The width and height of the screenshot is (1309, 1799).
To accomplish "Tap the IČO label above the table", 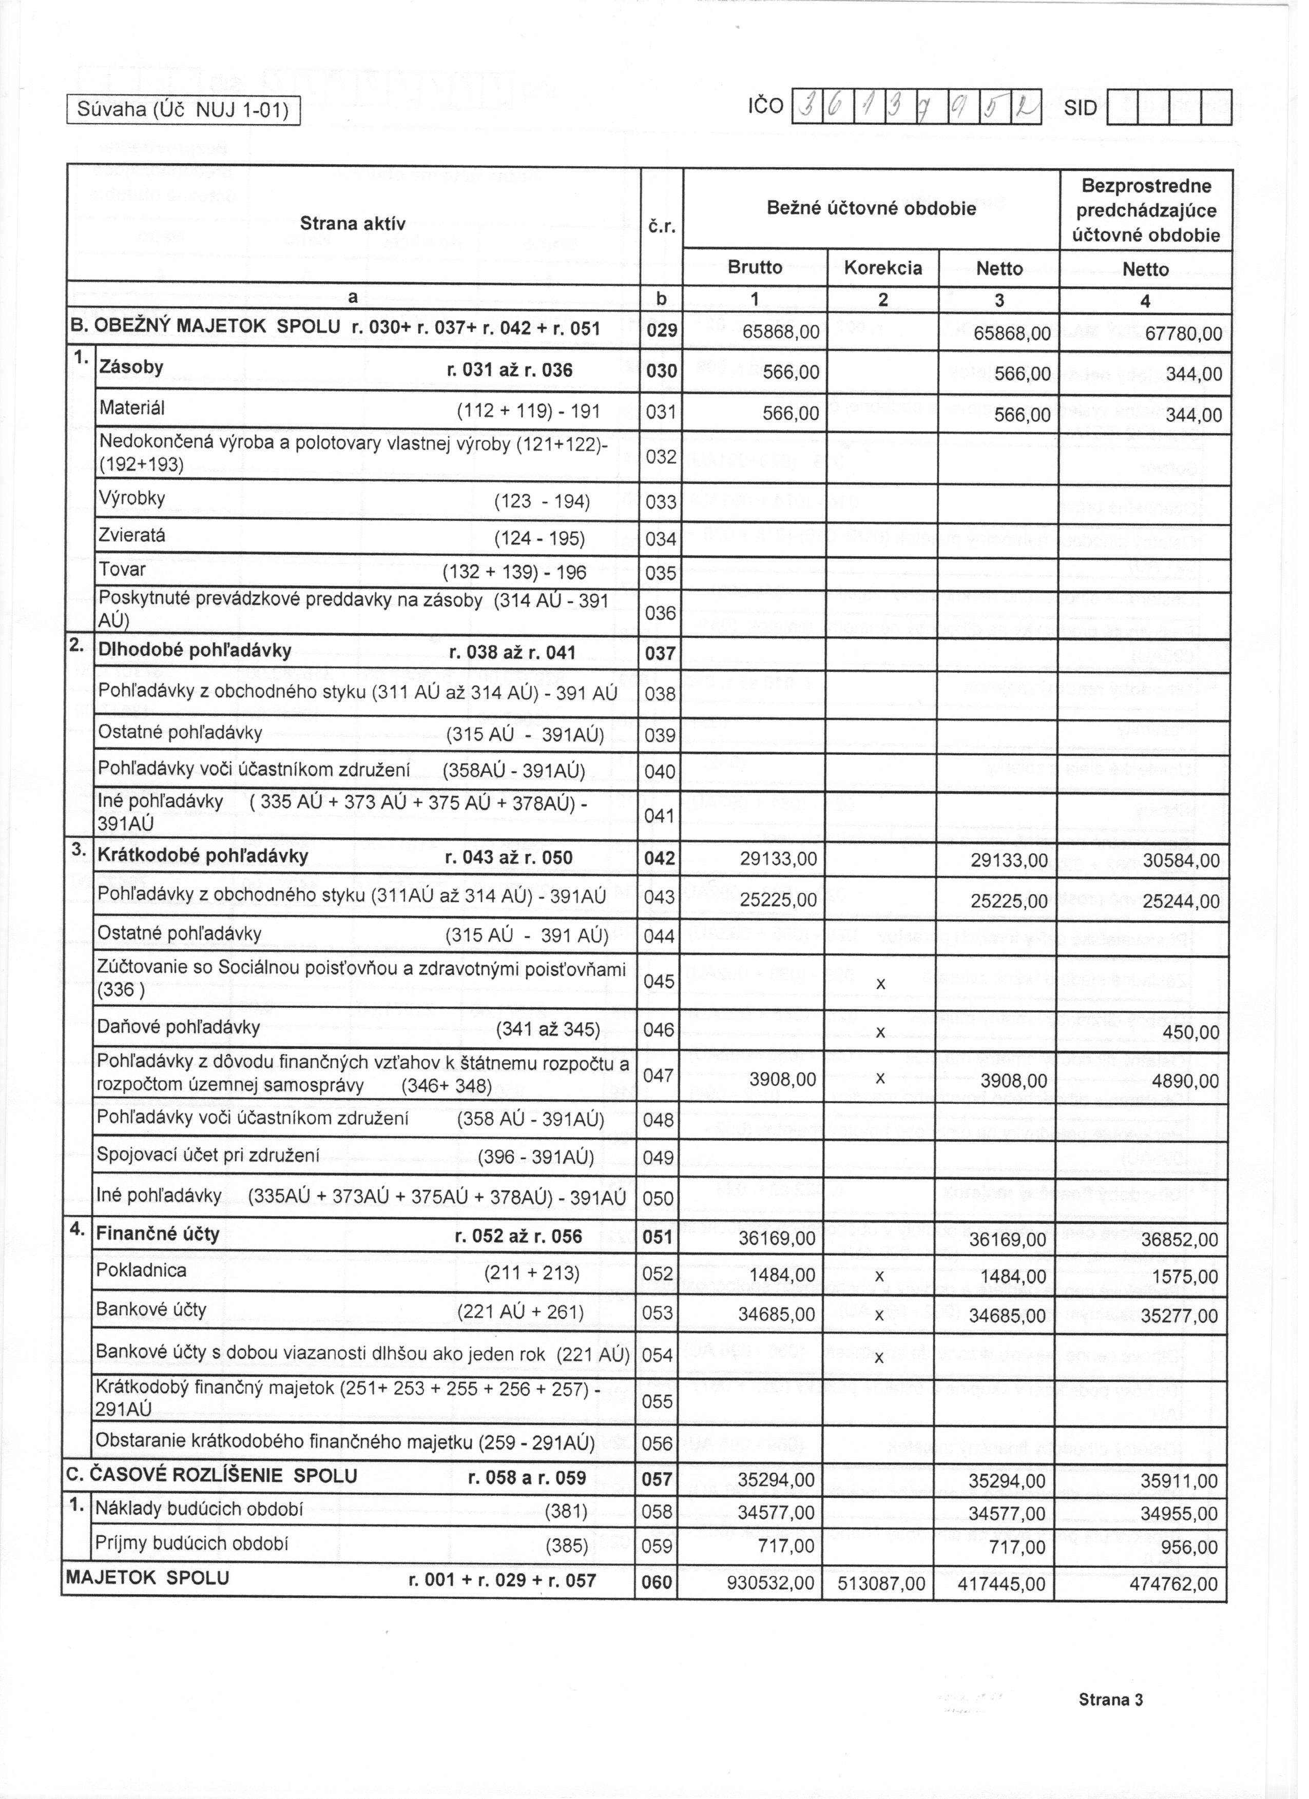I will [x=766, y=107].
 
